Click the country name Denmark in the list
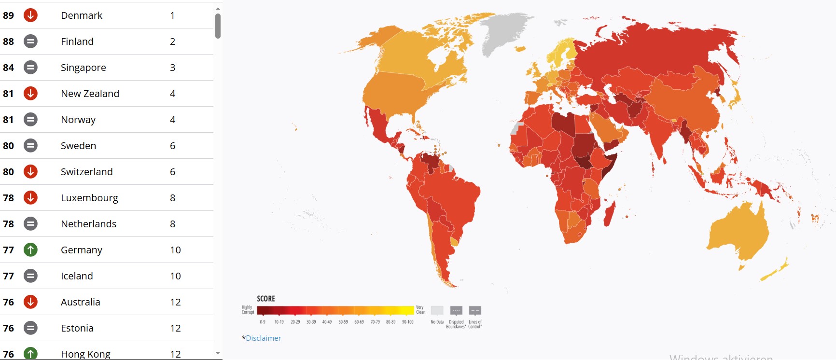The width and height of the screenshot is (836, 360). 81,15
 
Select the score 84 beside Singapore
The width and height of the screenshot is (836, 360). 8,68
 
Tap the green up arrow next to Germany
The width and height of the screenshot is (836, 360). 30,250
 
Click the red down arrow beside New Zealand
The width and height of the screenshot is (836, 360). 30,94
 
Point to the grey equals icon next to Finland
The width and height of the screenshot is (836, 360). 30,42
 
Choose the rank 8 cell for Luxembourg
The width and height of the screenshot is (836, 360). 172,198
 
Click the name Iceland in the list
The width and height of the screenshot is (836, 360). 77,276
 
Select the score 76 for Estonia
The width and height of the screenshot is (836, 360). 8,328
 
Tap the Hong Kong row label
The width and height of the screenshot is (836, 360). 85,354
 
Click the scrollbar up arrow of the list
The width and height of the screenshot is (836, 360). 218,9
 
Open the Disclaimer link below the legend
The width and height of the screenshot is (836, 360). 263,338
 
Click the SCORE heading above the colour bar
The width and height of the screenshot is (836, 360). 265,299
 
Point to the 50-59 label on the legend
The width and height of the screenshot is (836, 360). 343,322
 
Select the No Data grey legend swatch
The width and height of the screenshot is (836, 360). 437,310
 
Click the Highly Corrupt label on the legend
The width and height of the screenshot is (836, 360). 247,309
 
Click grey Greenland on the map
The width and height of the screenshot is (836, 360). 504,31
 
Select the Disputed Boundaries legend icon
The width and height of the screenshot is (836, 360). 456,310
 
